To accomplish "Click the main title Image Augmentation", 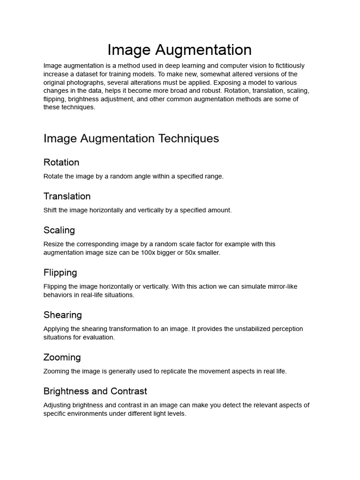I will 180,50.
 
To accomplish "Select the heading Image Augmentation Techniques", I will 131,139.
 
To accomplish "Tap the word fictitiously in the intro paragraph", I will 286,66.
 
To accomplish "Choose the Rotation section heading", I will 61,163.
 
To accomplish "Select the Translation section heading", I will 67,196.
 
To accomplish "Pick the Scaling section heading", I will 59,230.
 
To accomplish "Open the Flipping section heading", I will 60,273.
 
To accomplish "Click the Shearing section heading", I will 62,315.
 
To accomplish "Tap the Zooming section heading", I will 62,358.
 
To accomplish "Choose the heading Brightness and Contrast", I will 95,391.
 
